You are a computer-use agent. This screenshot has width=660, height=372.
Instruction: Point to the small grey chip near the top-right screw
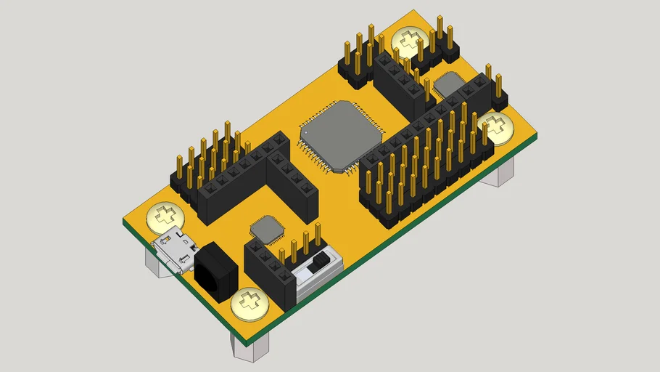click(450, 85)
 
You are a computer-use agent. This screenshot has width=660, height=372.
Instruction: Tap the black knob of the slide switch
click(317, 265)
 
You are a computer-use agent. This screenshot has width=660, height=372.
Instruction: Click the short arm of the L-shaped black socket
click(294, 185)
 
